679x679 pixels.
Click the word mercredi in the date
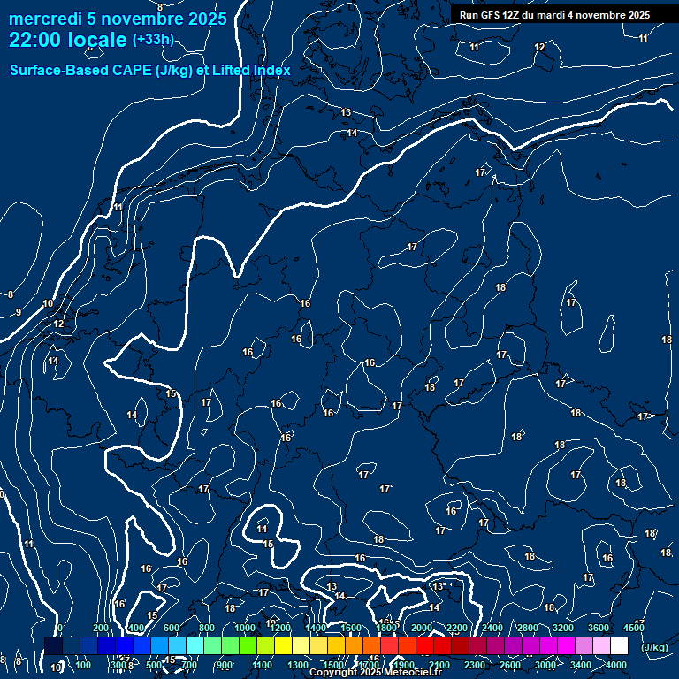click(42, 19)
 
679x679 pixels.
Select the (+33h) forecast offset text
click(153, 40)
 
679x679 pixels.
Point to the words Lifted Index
click(251, 70)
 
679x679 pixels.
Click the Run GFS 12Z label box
click(554, 15)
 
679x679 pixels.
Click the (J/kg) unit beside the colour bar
click(654, 648)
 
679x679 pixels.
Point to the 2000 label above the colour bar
click(422, 628)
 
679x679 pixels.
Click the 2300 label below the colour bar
click(475, 665)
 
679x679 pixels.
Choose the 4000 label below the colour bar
click(616, 665)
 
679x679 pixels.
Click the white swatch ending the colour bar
click(619, 646)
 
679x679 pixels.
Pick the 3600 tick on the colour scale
click(599, 628)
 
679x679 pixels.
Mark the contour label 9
click(19, 312)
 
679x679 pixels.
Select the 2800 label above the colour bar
click(528, 628)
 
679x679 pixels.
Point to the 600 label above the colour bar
click(171, 628)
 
